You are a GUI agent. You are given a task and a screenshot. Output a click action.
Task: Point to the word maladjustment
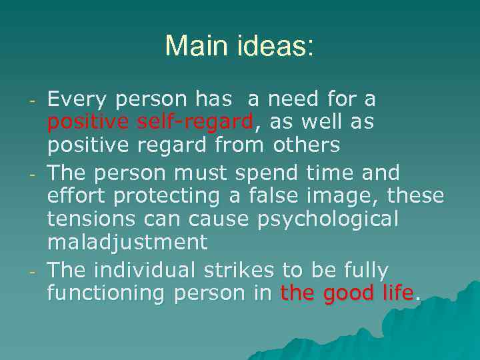[127, 241]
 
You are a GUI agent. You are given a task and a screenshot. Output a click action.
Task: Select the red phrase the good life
[347, 293]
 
